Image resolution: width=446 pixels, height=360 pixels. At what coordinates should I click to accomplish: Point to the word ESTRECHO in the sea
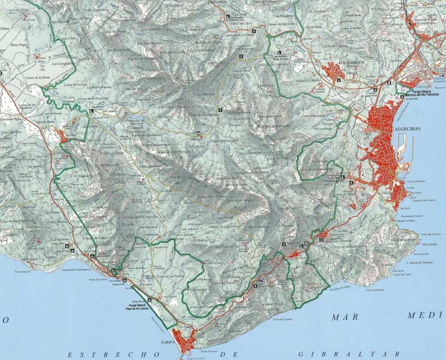(x=95, y=354)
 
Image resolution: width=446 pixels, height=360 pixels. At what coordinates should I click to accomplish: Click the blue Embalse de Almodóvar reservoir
(x=138, y=120)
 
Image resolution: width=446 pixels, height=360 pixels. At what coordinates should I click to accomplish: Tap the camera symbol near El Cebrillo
(x=198, y=133)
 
